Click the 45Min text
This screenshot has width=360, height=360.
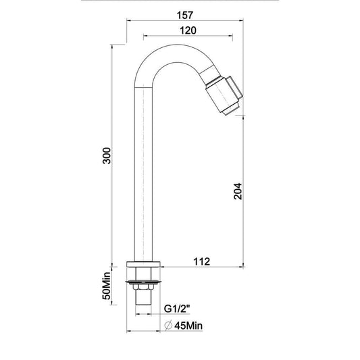pyautogui.click(x=188, y=326)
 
